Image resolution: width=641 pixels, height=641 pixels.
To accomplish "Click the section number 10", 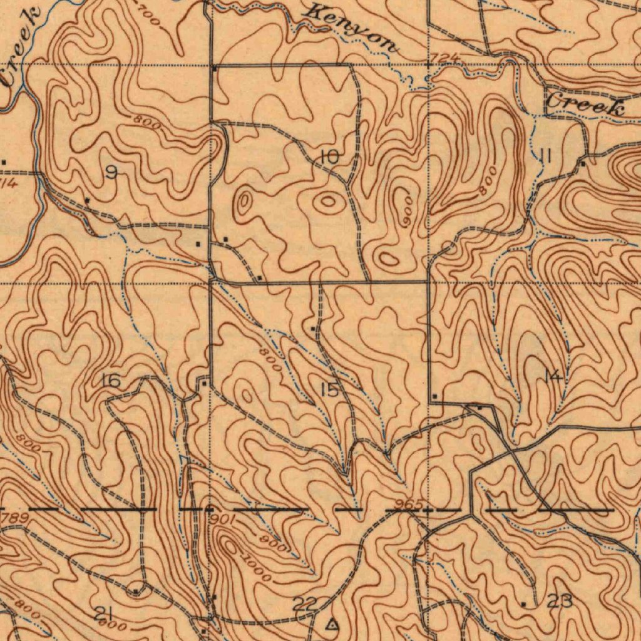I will [x=329, y=158].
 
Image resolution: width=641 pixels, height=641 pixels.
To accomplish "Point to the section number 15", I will [x=330, y=390].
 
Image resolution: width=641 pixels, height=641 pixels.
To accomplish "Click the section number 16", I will [x=111, y=380].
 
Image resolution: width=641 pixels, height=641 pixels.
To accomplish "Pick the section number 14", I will [x=552, y=376].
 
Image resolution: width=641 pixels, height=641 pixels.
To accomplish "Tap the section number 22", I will [x=305, y=604].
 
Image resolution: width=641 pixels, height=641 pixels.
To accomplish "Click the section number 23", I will [x=559, y=602].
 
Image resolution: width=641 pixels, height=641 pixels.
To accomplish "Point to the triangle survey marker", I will [x=332, y=623].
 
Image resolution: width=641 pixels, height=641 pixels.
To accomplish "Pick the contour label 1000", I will [x=258, y=568].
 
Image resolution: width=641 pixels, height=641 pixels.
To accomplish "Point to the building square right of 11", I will [x=583, y=164].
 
